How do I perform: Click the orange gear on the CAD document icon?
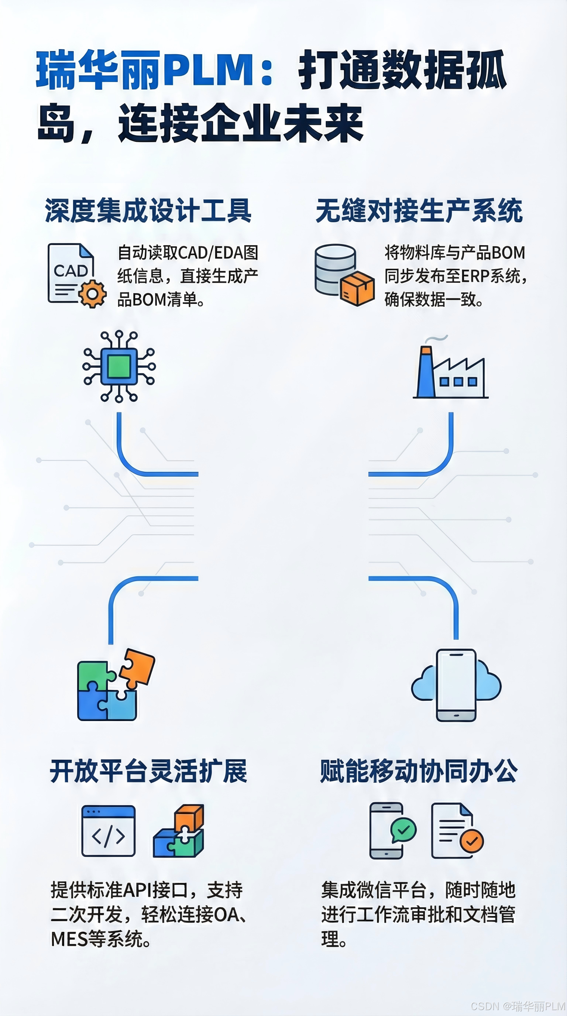pyautogui.click(x=93, y=294)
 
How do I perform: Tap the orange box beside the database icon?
pyautogui.click(x=357, y=288)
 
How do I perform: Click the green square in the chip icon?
pyautogui.click(x=119, y=366)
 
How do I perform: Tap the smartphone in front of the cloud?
pyautogui.click(x=456, y=686)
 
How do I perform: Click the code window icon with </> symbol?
pyautogui.click(x=109, y=831)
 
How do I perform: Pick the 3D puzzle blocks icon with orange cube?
pyautogui.click(x=179, y=831)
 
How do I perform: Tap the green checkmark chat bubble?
pyautogui.click(x=403, y=830)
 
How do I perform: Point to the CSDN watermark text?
pyautogui.click(x=518, y=1006)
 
